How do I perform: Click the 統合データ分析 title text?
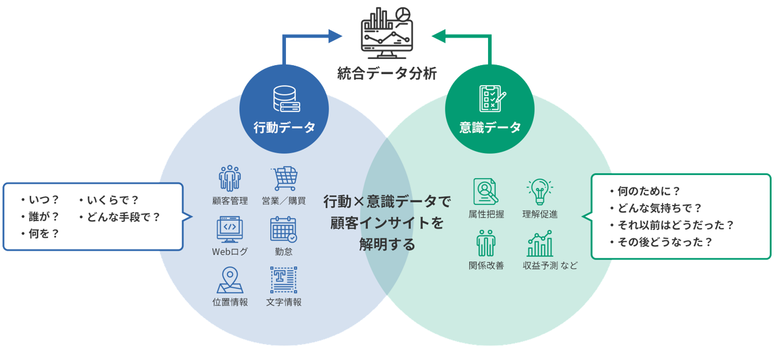(387, 74)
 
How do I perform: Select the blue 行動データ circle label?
(284, 128)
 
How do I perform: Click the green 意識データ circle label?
(490, 128)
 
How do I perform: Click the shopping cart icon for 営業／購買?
(284, 179)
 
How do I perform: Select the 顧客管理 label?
(230, 201)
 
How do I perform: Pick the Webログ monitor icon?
(230, 229)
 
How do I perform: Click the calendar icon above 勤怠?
(283, 229)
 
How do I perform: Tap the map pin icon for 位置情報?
(230, 280)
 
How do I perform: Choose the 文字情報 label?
(284, 302)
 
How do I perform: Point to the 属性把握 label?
(486, 214)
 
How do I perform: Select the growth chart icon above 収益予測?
(540, 244)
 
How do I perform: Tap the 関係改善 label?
(486, 266)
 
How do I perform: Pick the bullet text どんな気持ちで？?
(656, 208)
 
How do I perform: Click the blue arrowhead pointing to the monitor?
(335, 36)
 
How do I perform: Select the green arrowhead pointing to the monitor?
(439, 36)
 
